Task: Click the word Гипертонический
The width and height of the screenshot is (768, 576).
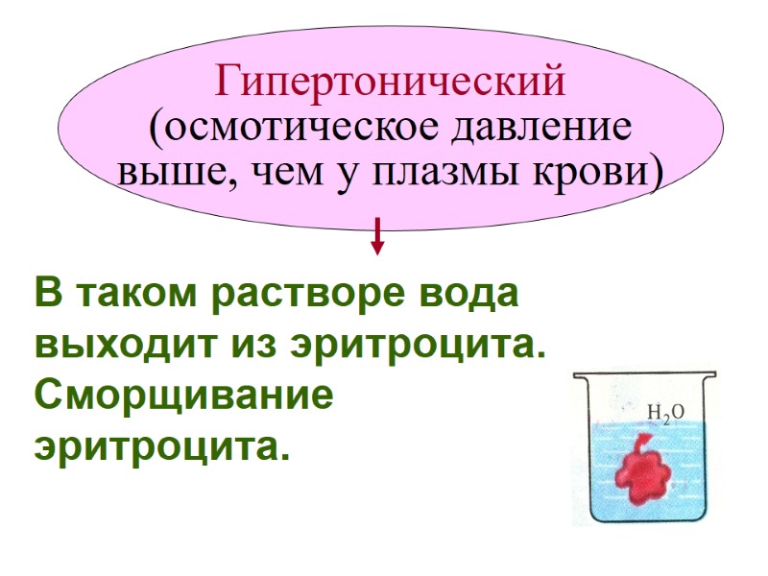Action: (x=391, y=83)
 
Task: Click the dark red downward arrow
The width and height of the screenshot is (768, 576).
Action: (x=377, y=236)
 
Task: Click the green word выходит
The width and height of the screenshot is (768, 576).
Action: (x=112, y=343)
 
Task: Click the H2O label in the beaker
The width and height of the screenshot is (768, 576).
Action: (x=665, y=413)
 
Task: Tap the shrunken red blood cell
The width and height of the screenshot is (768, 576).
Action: (x=643, y=470)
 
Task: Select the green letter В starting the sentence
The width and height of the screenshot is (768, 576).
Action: (x=46, y=293)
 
